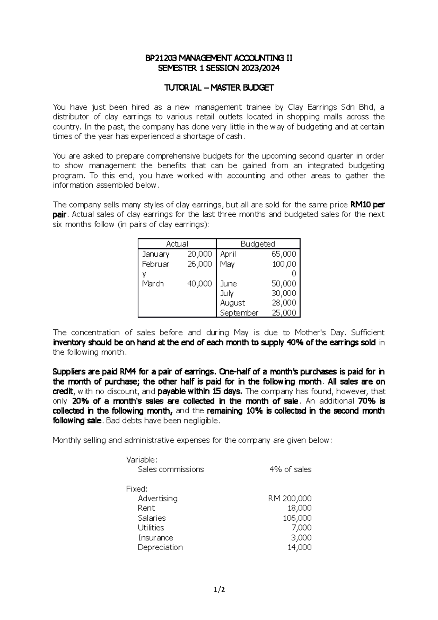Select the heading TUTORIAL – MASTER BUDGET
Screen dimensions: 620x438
click(219, 88)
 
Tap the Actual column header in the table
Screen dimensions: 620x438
click(177, 244)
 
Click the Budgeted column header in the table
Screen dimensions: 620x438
click(258, 244)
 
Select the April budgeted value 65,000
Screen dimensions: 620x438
click(284, 254)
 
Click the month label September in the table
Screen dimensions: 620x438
click(239, 313)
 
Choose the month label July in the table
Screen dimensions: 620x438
click(227, 293)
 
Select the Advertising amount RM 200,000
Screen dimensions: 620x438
click(290, 498)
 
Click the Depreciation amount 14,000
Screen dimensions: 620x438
click(299, 547)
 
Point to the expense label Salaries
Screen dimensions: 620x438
click(151, 518)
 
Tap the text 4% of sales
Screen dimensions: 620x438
click(290, 470)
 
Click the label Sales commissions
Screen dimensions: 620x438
click(171, 470)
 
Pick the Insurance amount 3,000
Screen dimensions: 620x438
click(301, 537)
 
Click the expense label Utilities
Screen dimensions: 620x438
click(151, 528)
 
